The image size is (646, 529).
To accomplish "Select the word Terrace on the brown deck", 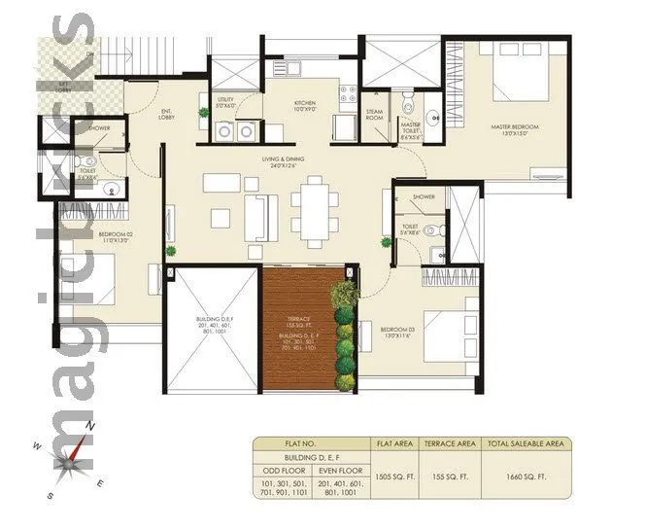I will (298, 318).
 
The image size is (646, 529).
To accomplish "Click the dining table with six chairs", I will (313, 212).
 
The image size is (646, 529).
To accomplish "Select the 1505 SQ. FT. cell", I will (394, 476).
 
